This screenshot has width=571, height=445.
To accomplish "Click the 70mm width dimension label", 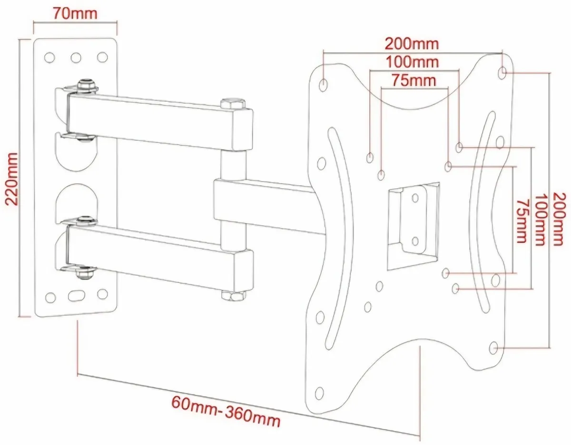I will [75, 13].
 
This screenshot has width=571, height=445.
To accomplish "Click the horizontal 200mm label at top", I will [412, 44].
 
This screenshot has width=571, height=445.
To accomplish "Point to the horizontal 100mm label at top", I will [412, 62].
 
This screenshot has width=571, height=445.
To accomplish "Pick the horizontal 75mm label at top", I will [413, 80].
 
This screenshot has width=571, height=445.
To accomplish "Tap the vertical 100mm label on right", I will [539, 219].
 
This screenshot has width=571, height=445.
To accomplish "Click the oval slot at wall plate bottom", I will [75, 295].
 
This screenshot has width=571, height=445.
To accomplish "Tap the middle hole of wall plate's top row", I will [76, 58].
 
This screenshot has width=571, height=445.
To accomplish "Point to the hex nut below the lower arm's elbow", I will [233, 296].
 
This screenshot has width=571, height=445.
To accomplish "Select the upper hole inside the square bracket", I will [414, 198].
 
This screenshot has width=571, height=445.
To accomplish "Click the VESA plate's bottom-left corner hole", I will [319, 393].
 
